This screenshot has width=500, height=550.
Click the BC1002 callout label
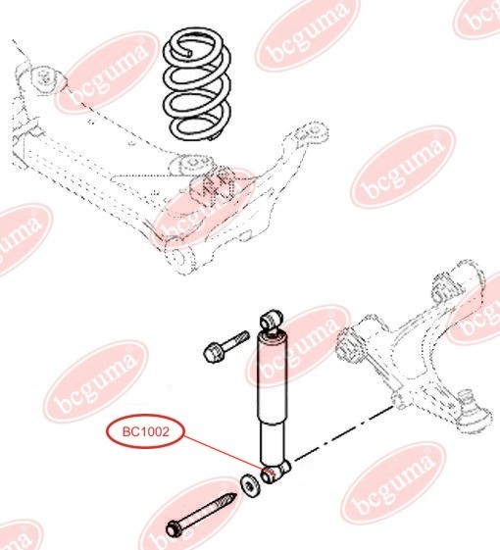(x=144, y=431)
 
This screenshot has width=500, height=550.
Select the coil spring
(x=199, y=79)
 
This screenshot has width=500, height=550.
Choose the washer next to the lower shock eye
(x=249, y=483)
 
